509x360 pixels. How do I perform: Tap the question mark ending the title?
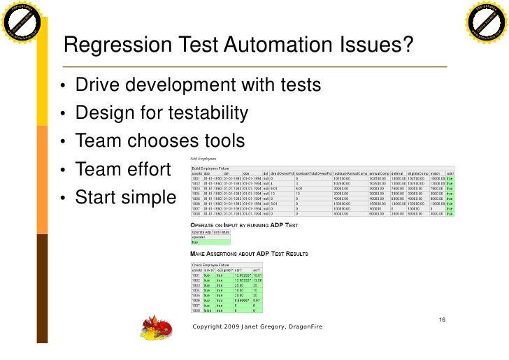coord(406,45)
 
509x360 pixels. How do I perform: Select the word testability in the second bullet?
coord(206,113)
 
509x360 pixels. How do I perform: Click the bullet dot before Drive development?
coord(63,87)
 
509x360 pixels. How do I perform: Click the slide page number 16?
coord(442,319)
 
